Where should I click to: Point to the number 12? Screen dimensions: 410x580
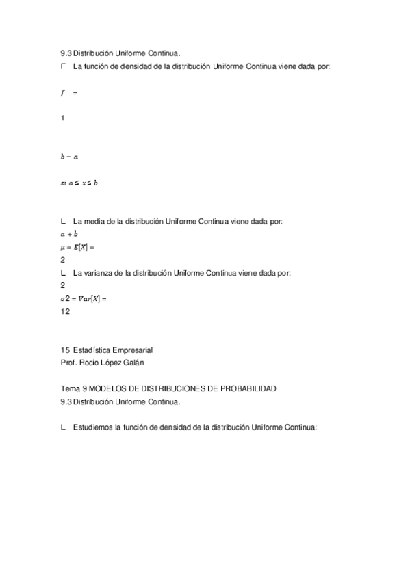tap(65, 312)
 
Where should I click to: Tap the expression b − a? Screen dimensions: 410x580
tap(69, 157)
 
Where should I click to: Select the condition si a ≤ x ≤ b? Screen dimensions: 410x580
tap(79, 183)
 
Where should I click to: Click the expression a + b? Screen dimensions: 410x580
tap(69, 234)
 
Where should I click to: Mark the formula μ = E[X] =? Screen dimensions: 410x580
tap(77, 247)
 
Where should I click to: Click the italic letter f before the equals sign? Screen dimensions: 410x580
tap(62, 92)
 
